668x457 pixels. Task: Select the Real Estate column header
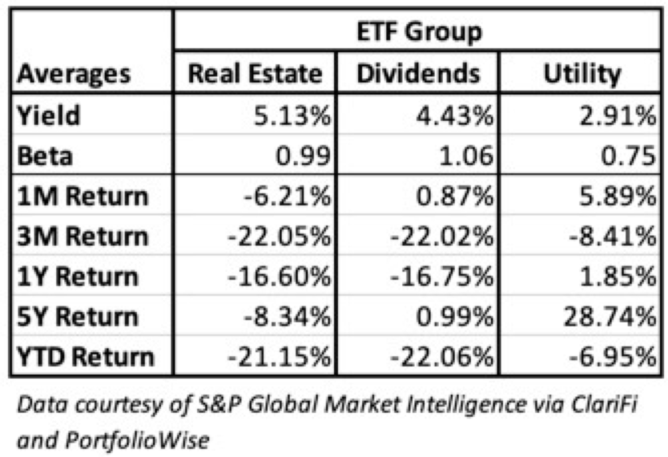click(x=255, y=74)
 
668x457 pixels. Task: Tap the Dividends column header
click(x=418, y=74)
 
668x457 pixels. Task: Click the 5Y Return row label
click(x=77, y=317)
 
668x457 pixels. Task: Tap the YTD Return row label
click(x=85, y=357)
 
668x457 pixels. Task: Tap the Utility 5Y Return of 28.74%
click(x=609, y=317)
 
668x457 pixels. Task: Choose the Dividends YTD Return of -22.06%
click(x=441, y=357)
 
